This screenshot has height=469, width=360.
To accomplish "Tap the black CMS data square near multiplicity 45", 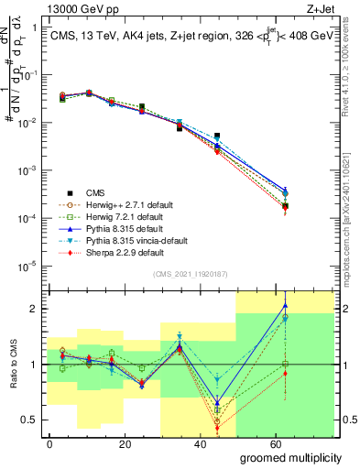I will [217, 136].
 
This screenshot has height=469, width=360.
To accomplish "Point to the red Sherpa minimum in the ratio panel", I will [217, 429].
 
